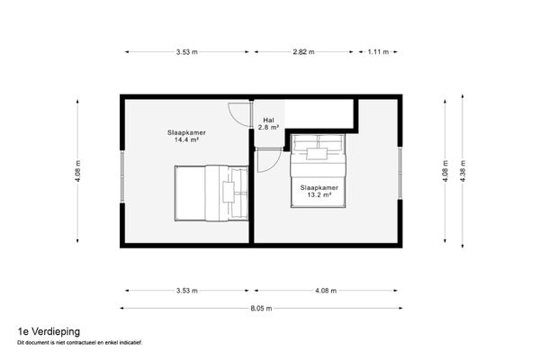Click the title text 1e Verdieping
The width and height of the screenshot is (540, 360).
(x=41, y=331)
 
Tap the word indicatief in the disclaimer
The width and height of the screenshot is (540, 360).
(x=129, y=342)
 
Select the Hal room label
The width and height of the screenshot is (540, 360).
(x=268, y=120)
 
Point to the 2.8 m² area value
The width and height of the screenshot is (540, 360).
(x=268, y=128)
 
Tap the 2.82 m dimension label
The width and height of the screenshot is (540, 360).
(x=304, y=52)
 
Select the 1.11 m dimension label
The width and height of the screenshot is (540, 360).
(x=378, y=52)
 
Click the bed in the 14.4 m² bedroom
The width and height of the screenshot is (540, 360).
(x=209, y=193)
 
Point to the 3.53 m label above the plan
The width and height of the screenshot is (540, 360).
(x=187, y=52)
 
